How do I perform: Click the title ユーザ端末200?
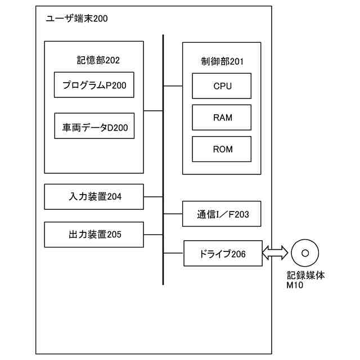click(x=76, y=19)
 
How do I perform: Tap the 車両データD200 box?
click(x=94, y=127)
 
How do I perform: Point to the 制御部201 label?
click(x=221, y=61)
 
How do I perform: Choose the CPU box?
click(x=222, y=87)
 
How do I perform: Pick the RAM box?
click(x=222, y=118)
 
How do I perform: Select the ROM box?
click(x=222, y=149)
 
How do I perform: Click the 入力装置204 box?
click(x=94, y=196)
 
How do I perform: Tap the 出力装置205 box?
click(x=94, y=234)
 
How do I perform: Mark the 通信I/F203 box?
click(x=222, y=214)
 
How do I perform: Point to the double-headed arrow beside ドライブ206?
click(x=276, y=253)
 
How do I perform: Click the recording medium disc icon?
click(x=305, y=253)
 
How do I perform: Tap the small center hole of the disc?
click(x=305, y=253)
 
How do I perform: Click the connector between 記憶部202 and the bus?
click(x=153, y=111)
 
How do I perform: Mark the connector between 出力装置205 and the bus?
click(x=153, y=234)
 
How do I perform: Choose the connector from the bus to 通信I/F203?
click(x=173, y=214)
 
